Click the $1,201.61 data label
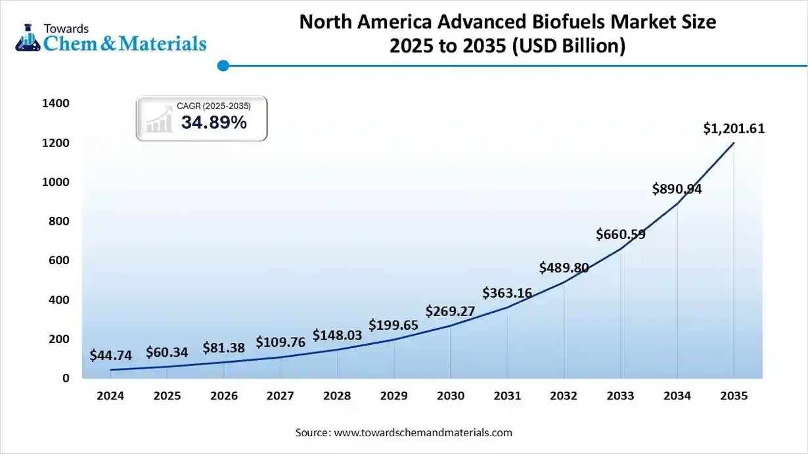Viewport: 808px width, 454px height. coord(734,129)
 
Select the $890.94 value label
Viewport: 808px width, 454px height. coord(677,189)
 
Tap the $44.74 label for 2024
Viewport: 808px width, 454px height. coord(111,355)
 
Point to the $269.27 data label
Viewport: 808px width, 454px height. coord(450,311)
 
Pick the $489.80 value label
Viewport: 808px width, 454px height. coord(564,267)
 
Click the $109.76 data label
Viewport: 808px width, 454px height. coord(281,342)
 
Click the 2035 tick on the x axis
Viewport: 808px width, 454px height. coord(734,396)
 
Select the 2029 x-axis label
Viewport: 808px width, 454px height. coord(393,396)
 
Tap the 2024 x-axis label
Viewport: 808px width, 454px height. coord(110,396)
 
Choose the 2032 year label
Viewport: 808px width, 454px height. coord(564,396)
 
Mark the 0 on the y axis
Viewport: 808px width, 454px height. coord(66,378)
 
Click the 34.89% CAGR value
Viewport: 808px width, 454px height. coord(214,122)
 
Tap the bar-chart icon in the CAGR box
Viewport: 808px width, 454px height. coord(158,121)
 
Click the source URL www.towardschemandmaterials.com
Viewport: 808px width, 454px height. coord(422,433)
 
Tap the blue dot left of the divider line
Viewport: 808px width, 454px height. coord(223,66)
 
